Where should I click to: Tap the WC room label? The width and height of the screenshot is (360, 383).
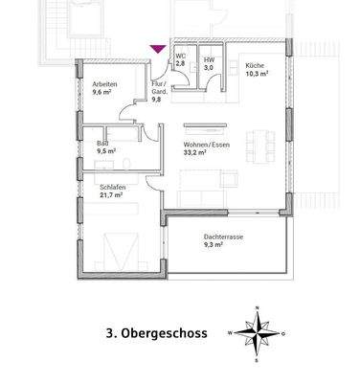click(x=179, y=56)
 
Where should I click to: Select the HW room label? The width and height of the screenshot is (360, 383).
click(x=208, y=59)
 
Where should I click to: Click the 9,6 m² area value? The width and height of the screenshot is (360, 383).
click(x=103, y=94)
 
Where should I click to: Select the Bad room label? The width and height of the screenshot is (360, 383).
click(x=102, y=142)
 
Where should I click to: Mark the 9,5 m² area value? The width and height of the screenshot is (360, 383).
click(x=104, y=151)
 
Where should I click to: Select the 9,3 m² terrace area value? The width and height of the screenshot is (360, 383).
click(x=214, y=245)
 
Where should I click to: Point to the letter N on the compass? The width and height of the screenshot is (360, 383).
click(x=258, y=308)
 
